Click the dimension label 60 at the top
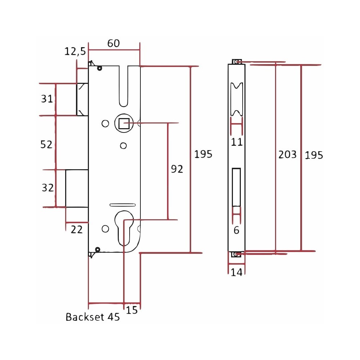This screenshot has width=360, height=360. (x=113, y=43)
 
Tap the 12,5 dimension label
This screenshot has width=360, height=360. (x=75, y=51)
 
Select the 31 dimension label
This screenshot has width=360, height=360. (x=47, y=99)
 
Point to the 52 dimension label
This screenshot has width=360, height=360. (x=46, y=144)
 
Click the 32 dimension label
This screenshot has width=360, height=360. (x=48, y=188)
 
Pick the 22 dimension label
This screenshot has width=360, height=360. (x=76, y=230)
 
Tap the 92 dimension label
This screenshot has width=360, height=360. (x=177, y=169)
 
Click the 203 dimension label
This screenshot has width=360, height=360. (x=287, y=154)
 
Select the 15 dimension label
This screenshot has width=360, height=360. (x=132, y=310)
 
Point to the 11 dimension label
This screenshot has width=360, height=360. (x=237, y=142)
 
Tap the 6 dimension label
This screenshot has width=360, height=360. (x=237, y=230)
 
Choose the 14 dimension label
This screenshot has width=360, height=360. (x=237, y=272)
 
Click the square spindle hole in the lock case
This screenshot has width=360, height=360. (x=124, y=123)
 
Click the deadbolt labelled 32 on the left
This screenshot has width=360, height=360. (x=77, y=189)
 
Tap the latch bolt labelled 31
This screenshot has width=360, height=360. (x=82, y=99)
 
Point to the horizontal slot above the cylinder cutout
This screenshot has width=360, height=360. (x=123, y=205)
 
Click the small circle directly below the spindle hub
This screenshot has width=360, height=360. (x=123, y=145)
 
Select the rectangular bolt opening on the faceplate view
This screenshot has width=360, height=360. (x=236, y=187)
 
